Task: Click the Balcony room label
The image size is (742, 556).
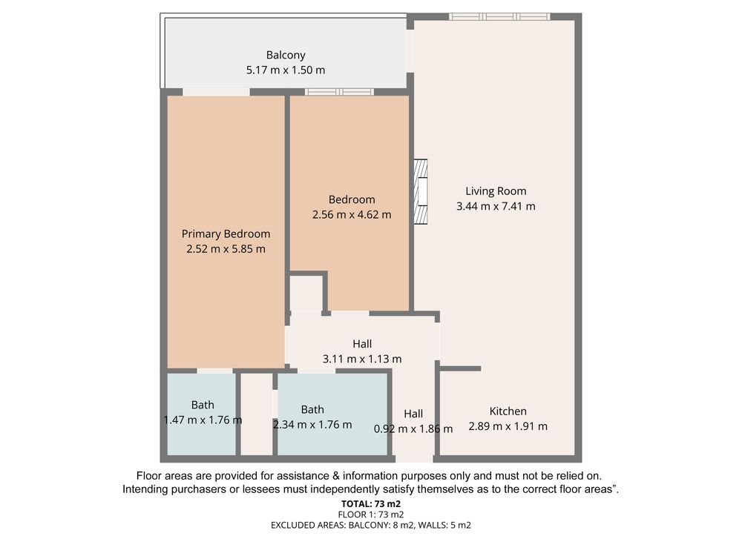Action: [286, 56]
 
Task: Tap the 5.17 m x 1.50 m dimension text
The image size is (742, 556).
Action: [286, 70]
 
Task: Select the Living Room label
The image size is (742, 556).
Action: [496, 191]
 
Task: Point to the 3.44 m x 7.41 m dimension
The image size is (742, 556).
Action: [496, 206]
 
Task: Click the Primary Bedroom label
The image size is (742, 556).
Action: [226, 234]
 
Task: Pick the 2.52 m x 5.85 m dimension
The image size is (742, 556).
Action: [226, 248]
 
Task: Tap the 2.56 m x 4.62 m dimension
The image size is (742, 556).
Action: [352, 215]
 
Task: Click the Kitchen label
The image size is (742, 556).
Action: [508, 411]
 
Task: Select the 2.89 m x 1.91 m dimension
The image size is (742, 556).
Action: [508, 426]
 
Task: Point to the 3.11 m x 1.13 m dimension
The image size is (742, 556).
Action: [362, 359]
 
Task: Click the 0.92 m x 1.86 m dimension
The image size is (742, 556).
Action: [413, 428]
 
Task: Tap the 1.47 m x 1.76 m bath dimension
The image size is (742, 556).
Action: [203, 420]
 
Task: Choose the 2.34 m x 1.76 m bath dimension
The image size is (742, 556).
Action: [312, 425]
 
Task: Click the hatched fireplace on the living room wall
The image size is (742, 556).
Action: [421, 191]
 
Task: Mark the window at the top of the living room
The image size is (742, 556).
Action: [499, 16]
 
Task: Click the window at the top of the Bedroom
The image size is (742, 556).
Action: [339, 92]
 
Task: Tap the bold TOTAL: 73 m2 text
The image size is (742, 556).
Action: [371, 504]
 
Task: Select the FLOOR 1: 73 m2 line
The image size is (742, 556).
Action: [371, 514]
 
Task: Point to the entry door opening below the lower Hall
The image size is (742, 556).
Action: [414, 459]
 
